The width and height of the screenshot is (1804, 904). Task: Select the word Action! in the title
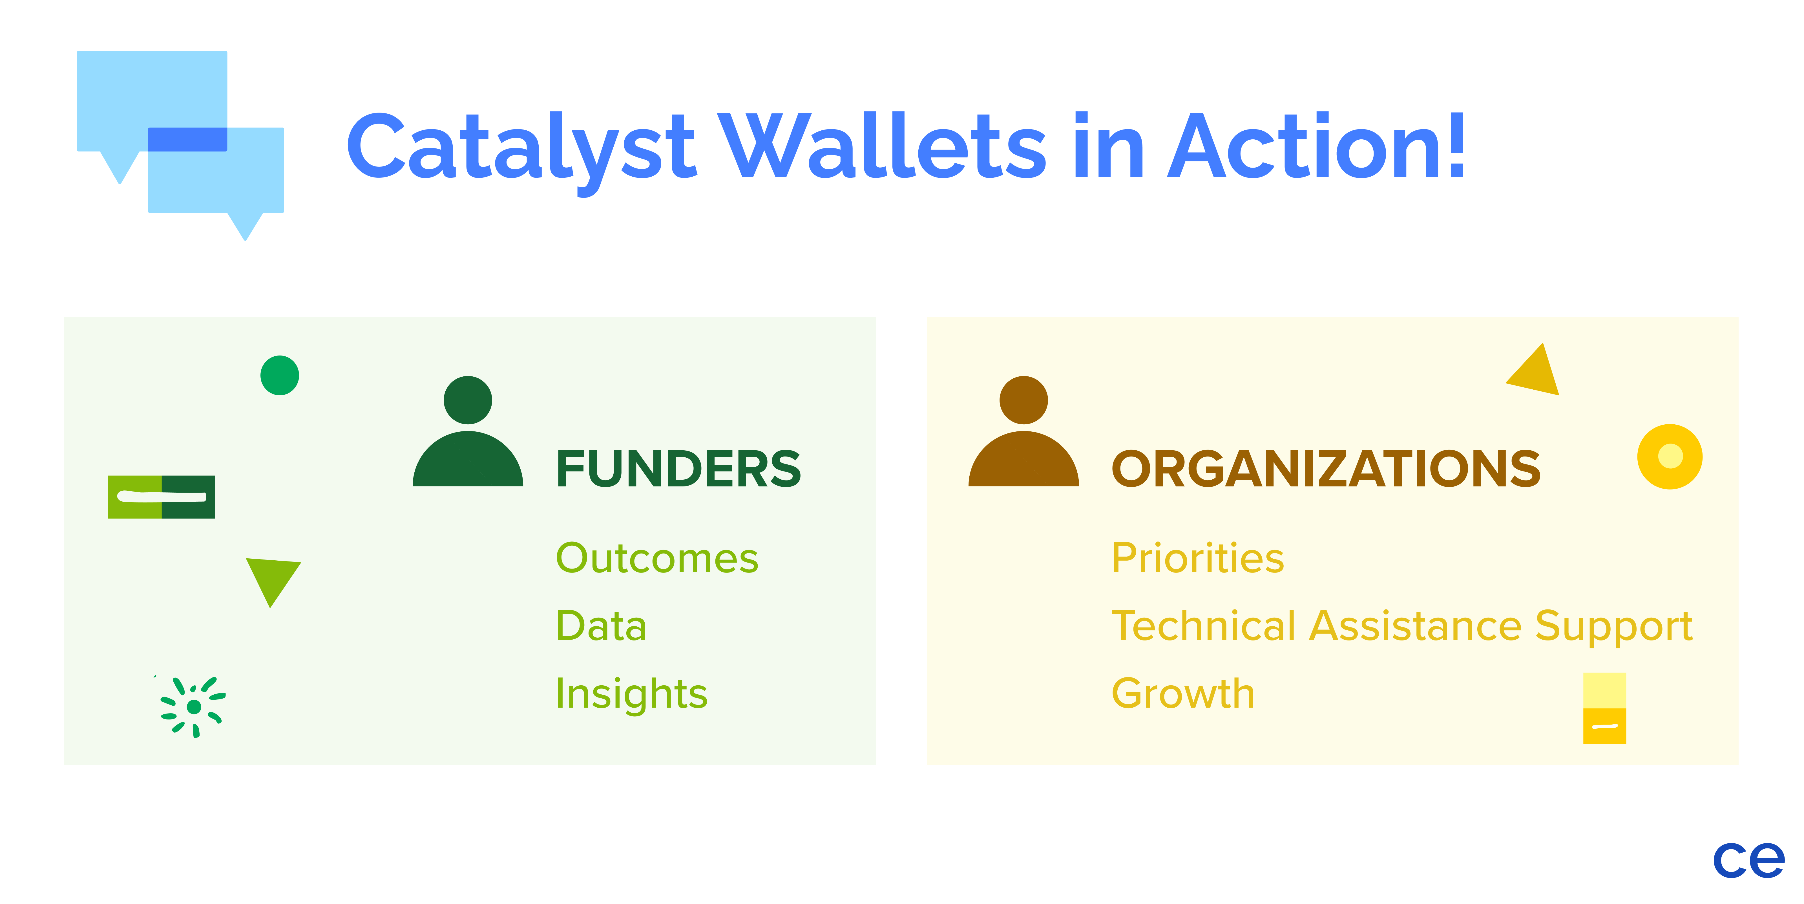pos(1317,147)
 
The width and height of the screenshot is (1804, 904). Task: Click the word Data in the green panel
pos(601,626)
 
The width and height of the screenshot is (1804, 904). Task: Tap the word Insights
pos(631,694)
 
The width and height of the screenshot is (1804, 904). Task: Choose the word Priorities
pos(1197,559)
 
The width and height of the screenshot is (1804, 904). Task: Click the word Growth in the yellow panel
pos(1183,694)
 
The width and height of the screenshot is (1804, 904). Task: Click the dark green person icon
pos(468,435)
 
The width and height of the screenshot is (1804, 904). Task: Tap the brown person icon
pos(1023,435)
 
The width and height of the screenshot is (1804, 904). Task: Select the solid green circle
pos(279,376)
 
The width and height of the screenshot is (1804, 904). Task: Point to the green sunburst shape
pos(193,706)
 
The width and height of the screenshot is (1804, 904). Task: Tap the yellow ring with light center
pos(1670,456)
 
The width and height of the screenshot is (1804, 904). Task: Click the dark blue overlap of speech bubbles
pos(187,139)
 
